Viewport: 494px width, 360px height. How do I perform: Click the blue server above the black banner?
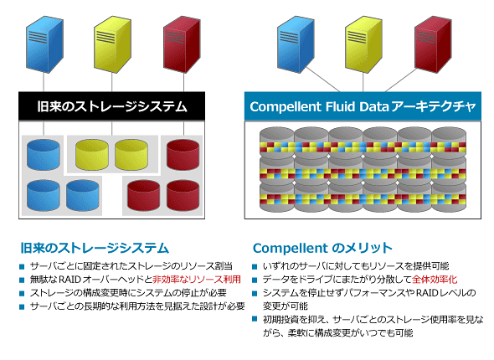44,44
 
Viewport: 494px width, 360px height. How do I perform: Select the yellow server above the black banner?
112,44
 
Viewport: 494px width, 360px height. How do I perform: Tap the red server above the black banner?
182,44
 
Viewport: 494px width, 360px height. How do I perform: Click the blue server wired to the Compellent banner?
296,44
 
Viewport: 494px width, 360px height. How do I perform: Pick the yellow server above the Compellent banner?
363,44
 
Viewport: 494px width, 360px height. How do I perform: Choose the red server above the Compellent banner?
433,44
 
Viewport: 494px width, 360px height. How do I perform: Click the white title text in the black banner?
112,106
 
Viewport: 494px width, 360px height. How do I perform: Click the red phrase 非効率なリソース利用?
197,279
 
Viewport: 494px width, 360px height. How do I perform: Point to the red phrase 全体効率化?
435,279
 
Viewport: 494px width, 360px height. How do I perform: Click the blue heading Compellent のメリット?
322,248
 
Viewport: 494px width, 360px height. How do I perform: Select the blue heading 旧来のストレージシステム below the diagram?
95,248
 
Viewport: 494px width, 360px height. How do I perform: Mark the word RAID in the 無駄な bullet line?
70,279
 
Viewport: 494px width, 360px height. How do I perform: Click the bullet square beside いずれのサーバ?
255,267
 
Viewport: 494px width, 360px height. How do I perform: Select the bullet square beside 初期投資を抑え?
255,319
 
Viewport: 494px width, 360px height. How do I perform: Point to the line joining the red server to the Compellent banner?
401,80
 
